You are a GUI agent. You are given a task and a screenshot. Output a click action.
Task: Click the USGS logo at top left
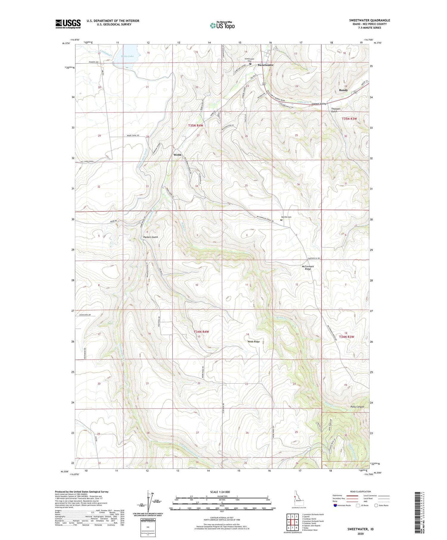(68, 24)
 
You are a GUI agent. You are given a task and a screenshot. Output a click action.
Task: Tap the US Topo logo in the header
(222, 26)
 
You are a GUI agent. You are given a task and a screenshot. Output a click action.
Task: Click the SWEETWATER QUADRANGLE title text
(369, 20)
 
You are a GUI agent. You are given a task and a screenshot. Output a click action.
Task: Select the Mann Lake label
(127, 56)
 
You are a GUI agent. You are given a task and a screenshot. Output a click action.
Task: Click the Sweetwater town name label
(265, 65)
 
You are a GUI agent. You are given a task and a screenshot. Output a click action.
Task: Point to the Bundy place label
(343, 90)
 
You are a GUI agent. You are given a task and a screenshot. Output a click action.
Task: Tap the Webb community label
(177, 155)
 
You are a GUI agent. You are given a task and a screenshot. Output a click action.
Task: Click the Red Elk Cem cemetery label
(286, 217)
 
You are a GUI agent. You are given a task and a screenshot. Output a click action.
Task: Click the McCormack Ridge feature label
(308, 268)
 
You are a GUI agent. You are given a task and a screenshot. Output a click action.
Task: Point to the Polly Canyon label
(357, 407)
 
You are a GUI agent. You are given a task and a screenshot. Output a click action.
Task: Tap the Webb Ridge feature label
(254, 342)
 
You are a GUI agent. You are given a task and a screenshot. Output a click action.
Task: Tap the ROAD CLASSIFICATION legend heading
(361, 491)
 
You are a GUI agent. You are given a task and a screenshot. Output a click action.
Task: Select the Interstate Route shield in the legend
(335, 505)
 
